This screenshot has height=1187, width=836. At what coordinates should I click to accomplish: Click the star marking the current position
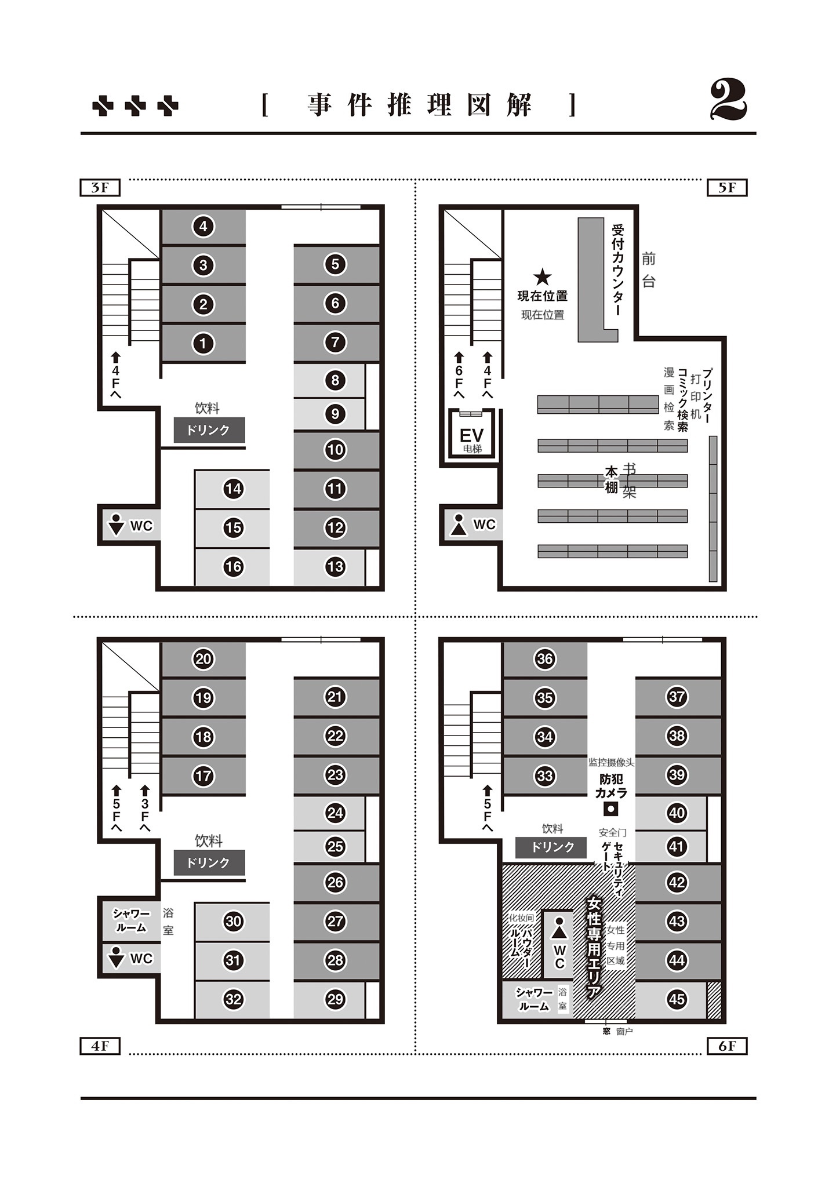[x=542, y=277]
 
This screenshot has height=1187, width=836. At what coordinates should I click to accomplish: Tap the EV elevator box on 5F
[x=472, y=435]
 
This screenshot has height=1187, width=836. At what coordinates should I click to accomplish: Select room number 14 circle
[x=233, y=489]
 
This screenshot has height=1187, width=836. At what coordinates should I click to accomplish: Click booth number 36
[x=544, y=658]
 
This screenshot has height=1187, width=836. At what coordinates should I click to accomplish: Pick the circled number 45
[x=677, y=999]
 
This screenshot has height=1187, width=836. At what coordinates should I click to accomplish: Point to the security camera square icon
[x=610, y=808]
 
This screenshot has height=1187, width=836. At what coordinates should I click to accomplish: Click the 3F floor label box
[x=100, y=188]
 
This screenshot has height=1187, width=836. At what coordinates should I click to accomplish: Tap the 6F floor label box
[x=727, y=1046]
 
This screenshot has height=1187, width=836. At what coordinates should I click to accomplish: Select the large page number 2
[x=729, y=101]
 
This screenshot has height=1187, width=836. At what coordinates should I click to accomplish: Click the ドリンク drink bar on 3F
[x=209, y=430]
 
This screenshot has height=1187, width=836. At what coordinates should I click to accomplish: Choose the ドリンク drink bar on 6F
[x=553, y=847]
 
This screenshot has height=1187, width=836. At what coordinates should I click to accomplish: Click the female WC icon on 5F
[x=459, y=525]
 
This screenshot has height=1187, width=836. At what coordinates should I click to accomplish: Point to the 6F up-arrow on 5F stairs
[x=459, y=374]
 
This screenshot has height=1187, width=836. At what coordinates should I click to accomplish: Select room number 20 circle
[x=203, y=658]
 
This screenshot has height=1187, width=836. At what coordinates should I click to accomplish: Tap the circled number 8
[x=335, y=380]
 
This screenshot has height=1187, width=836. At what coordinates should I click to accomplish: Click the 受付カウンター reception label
[x=618, y=270]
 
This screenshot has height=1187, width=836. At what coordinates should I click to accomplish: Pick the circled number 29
[x=335, y=999]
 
